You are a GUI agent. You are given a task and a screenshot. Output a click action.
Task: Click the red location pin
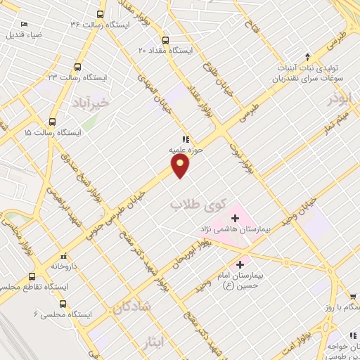pos(181,165)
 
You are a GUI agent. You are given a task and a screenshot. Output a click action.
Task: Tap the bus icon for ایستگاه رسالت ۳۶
pos(101,14)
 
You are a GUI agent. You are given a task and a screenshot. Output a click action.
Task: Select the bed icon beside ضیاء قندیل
pos(25,24)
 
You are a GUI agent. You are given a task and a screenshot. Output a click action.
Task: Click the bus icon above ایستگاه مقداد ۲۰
pos(166,40)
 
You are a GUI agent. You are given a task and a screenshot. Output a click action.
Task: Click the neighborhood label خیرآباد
pos(91,104)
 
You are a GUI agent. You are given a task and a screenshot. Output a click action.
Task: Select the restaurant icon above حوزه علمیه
pos(186,139)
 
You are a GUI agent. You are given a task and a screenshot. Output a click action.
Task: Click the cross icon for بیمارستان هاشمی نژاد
pos(235,219)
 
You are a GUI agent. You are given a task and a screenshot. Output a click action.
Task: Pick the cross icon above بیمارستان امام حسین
pos(240,265)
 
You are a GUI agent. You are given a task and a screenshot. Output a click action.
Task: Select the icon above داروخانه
pos(65,256)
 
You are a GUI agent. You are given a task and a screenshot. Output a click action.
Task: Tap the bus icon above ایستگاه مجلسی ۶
pos(63,304)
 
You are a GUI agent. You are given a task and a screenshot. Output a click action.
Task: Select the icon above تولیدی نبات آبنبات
pos(307,56)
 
